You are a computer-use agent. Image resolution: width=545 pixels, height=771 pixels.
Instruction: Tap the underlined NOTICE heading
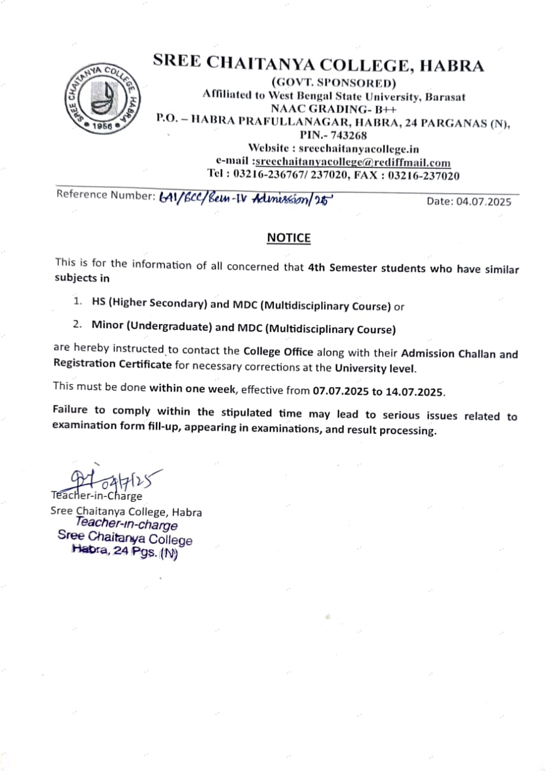click(x=288, y=238)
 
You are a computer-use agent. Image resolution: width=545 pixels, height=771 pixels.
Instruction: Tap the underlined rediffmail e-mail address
click(x=353, y=162)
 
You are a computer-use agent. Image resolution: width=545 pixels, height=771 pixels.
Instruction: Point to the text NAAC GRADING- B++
click(x=334, y=109)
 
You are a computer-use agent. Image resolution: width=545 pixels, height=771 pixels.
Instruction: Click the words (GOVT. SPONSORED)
click(x=334, y=83)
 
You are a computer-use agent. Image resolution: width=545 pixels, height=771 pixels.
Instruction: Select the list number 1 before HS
click(x=77, y=299)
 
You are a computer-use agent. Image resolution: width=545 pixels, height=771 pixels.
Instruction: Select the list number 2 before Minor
click(x=77, y=324)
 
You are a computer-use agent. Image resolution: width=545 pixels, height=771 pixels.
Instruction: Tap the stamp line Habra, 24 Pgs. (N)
click(x=124, y=551)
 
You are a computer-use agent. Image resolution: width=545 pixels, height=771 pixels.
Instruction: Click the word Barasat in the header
click(x=445, y=96)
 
